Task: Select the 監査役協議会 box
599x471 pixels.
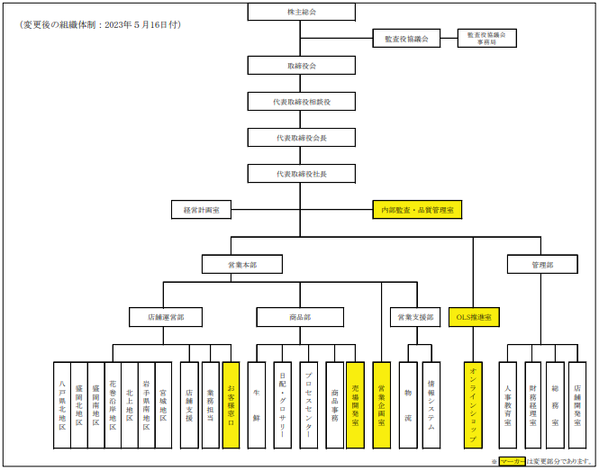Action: [406, 39]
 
